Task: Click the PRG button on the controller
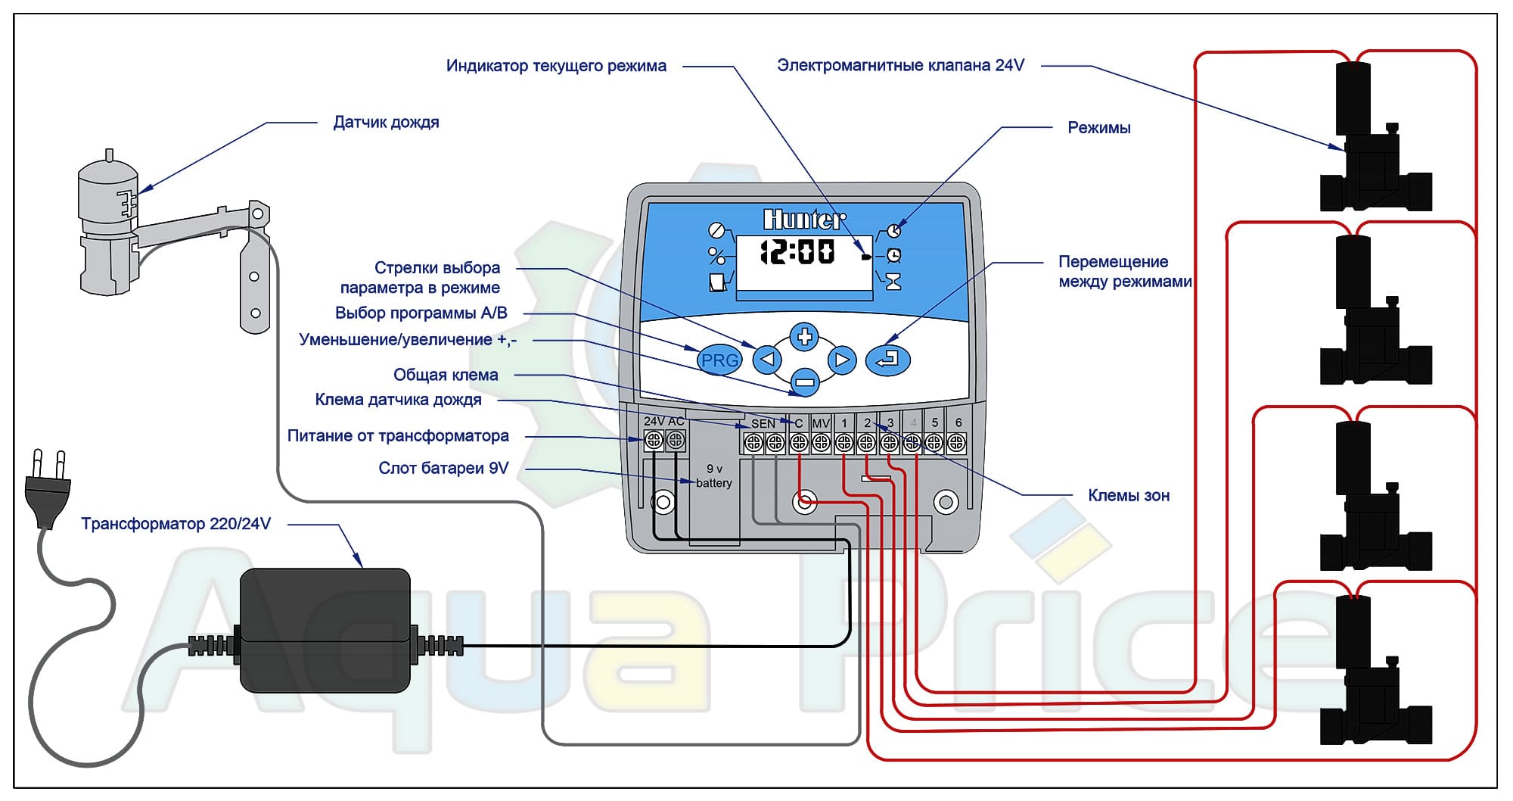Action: (x=719, y=360)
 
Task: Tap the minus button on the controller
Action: (x=804, y=382)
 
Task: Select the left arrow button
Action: (x=767, y=359)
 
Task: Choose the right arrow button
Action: (x=841, y=360)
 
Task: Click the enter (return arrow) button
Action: (x=887, y=359)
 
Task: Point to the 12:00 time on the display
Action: (x=797, y=252)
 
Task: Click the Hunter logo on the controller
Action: (x=804, y=220)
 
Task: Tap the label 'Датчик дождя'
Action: (x=386, y=123)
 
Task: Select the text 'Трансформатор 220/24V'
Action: (x=176, y=524)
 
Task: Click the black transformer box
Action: (x=325, y=630)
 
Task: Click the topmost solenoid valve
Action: (x=1375, y=144)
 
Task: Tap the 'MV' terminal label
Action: (x=821, y=423)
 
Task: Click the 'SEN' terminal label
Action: (x=763, y=423)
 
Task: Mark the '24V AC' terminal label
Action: (x=663, y=421)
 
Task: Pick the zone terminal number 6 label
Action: (x=958, y=422)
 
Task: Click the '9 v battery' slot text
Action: (x=714, y=476)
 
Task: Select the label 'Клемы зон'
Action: (x=1128, y=496)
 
